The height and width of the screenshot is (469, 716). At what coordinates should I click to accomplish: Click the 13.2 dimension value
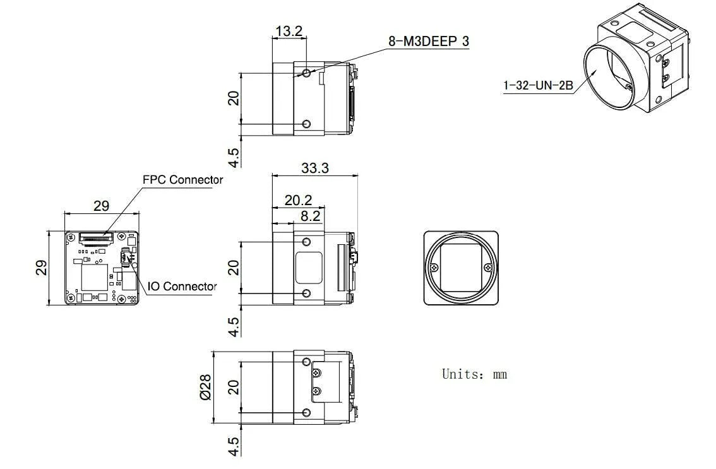(x=289, y=31)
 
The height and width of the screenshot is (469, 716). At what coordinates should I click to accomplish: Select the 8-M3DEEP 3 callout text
(x=428, y=42)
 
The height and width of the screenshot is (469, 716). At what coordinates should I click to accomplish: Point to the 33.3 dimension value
(x=314, y=168)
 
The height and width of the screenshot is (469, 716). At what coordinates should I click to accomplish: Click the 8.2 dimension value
(x=310, y=216)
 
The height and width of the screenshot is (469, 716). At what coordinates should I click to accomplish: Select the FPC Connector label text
(x=182, y=180)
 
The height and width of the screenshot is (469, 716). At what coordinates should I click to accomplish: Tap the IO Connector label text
(x=182, y=287)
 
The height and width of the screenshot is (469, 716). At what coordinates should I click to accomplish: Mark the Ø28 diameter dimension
(x=205, y=387)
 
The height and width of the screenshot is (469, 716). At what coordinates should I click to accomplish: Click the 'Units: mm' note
(x=474, y=374)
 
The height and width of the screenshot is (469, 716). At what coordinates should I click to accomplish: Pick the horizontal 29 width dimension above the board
(x=101, y=205)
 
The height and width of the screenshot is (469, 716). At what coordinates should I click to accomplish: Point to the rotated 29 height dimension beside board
(x=40, y=268)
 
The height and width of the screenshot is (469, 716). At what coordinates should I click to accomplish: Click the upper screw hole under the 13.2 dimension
(x=306, y=73)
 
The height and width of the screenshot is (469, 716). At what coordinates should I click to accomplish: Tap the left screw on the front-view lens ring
(x=433, y=268)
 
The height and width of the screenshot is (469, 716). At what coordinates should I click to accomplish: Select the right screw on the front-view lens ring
(x=488, y=268)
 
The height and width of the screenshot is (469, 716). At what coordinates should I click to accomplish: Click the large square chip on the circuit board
(x=94, y=278)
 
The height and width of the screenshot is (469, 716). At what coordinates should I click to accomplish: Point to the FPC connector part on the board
(x=96, y=237)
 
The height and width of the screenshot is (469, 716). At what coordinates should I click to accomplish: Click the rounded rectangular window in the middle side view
(x=309, y=268)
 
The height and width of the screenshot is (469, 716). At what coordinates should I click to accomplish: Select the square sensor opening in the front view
(x=461, y=268)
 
